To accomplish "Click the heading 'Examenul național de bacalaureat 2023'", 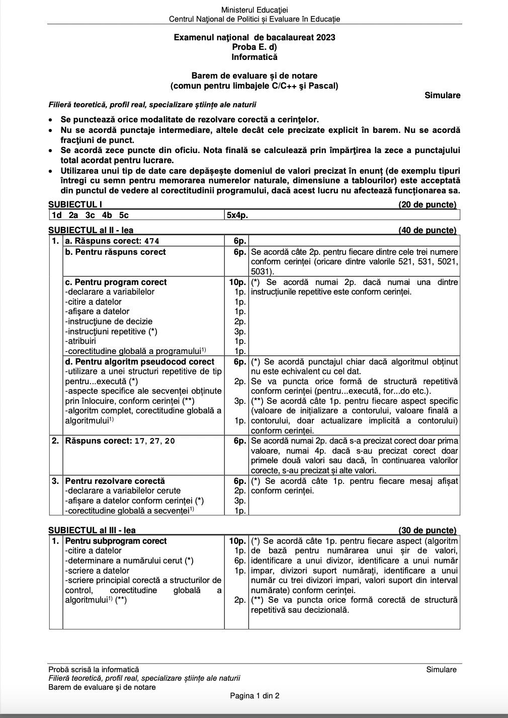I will (254, 37).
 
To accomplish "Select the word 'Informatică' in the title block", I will (254, 57).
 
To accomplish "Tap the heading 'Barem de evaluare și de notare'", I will (254, 76).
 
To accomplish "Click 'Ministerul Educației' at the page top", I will (254, 10).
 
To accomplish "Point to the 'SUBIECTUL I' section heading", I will (75, 204).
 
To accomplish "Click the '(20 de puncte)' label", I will (427, 204).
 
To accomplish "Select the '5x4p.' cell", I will (237, 215).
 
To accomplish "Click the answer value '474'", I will (151, 241).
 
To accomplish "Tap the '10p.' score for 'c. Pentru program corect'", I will (237, 282).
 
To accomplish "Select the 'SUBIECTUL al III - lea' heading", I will (92, 530).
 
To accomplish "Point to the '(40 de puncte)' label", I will (427, 231).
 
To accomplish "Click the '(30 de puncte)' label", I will (427, 530).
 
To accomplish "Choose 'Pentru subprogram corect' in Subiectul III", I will (116, 541).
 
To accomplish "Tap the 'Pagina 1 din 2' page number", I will (255, 696).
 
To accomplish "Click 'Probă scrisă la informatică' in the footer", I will (94, 670).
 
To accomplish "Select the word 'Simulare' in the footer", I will (441, 670).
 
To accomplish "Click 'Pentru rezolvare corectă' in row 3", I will (115, 481).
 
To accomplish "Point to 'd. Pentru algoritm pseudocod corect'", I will (139, 362).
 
